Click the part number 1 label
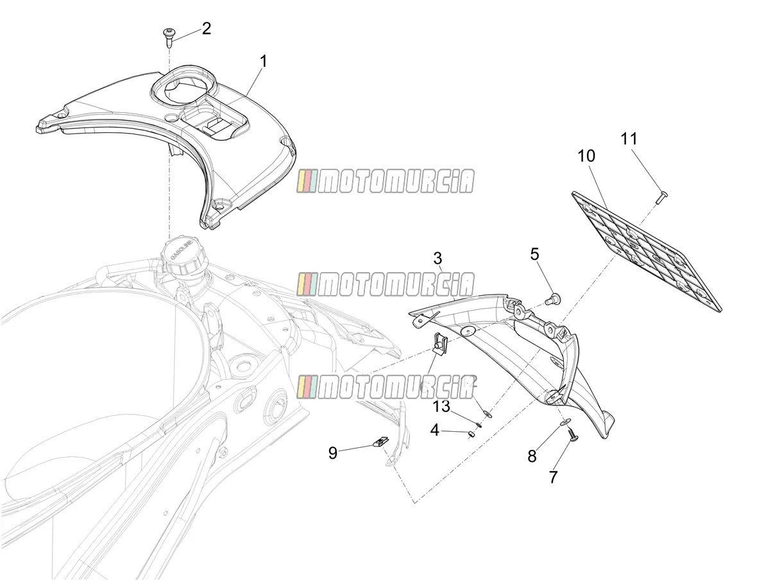[264, 62]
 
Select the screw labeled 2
[169, 38]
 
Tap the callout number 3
[437, 259]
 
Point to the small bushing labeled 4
[470, 435]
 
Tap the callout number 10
[586, 156]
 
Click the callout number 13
[441, 406]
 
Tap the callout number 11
[629, 139]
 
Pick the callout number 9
[333, 453]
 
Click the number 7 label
[553, 477]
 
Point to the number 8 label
[532, 456]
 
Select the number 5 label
[534, 254]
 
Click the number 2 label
[207, 28]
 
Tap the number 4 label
[435, 431]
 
